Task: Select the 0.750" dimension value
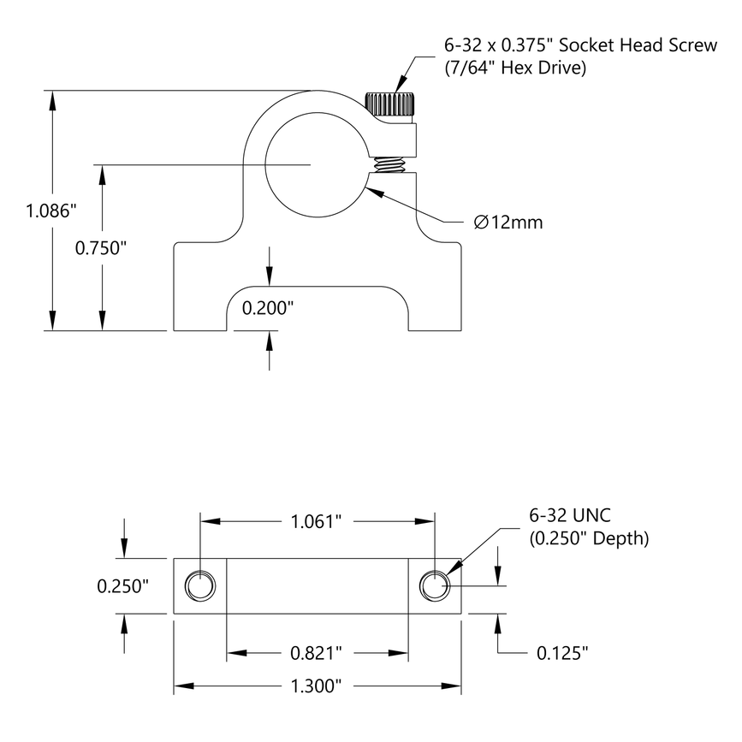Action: click(x=101, y=248)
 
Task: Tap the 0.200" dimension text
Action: click(x=269, y=308)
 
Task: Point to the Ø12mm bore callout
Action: click(x=508, y=223)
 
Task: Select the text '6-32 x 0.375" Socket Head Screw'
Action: click(x=580, y=45)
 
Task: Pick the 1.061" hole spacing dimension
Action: click(x=317, y=520)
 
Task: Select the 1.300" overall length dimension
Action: click(x=317, y=686)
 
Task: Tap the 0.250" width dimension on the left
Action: click(x=122, y=586)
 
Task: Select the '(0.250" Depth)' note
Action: click(x=589, y=538)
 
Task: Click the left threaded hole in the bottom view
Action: click(x=201, y=586)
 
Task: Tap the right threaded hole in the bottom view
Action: click(x=435, y=586)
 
